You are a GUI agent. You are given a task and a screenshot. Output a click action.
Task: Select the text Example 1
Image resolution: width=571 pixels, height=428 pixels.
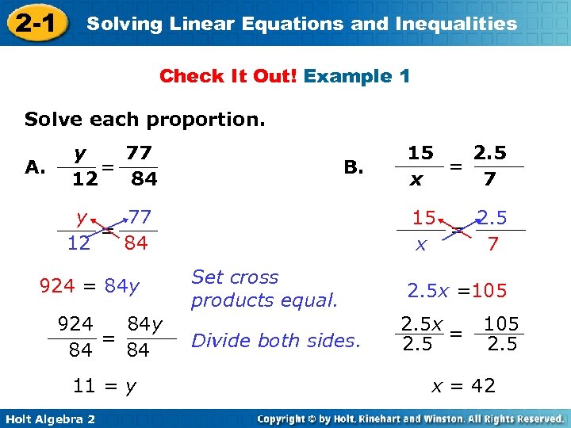tap(357, 77)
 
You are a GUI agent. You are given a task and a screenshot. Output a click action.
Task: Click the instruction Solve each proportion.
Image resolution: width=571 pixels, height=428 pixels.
tap(145, 120)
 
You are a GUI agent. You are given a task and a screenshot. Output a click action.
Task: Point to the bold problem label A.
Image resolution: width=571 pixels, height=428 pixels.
tap(34, 166)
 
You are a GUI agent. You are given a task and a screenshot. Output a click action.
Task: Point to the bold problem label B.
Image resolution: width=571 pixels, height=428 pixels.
tap(354, 166)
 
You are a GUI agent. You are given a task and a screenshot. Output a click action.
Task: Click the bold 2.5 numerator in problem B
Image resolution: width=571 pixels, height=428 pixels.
tap(489, 151)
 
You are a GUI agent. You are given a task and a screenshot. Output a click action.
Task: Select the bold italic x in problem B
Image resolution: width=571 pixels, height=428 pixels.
tap(416, 180)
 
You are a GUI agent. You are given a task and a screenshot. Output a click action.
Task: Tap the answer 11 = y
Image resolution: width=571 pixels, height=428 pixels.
tap(104, 386)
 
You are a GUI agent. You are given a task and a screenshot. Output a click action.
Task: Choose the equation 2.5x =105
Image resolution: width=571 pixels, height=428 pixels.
tap(457, 290)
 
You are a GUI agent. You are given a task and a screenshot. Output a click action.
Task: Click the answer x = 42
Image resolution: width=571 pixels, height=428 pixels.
tap(463, 386)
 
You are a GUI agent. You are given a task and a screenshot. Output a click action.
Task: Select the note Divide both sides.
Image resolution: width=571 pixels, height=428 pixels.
tap(276, 341)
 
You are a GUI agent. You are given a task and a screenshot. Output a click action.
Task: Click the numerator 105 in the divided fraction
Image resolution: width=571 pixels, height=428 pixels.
tap(501, 323)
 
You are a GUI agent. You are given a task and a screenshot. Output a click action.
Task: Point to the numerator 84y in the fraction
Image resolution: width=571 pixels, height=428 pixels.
tap(145, 323)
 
